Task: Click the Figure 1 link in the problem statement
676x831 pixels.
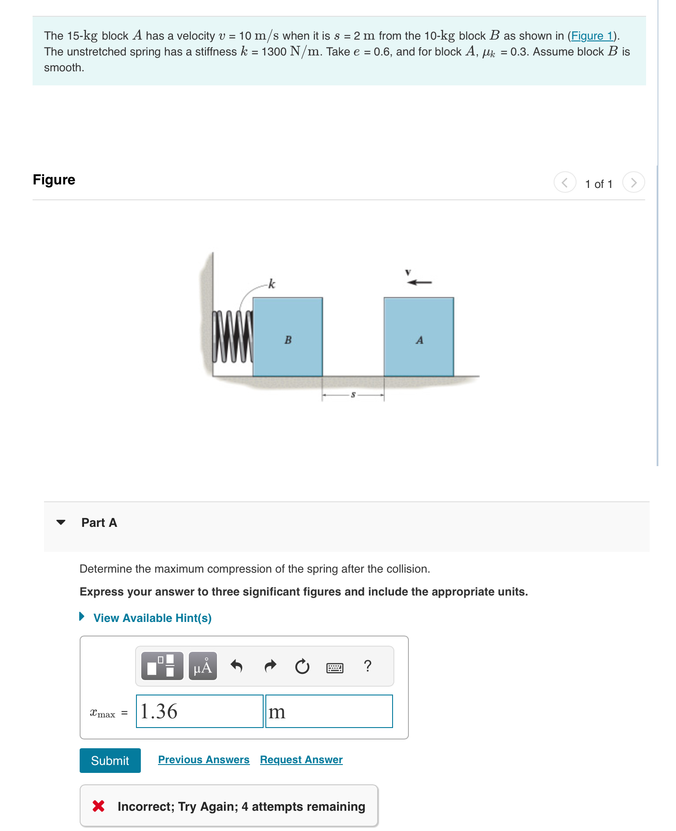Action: [591, 36]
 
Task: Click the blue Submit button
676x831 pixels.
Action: [110, 760]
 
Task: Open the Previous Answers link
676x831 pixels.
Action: [203, 760]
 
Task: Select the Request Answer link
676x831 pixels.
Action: [301, 760]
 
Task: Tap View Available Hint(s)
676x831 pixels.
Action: [152, 618]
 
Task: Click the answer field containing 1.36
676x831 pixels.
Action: [199, 711]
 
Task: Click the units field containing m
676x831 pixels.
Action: [329, 711]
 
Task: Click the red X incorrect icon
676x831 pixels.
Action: [99, 806]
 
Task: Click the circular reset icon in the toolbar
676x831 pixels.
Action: [302, 666]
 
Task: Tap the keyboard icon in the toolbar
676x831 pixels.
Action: [334, 667]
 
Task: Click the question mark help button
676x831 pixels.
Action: [367, 666]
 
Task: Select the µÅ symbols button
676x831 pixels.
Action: [202, 666]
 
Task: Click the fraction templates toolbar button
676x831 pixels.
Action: [162, 666]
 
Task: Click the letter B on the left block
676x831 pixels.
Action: [288, 340]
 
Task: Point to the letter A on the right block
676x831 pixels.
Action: [419, 340]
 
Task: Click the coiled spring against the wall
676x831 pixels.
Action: [232, 337]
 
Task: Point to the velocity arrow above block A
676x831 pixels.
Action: [419, 282]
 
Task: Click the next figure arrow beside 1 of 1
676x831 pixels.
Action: [633, 182]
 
